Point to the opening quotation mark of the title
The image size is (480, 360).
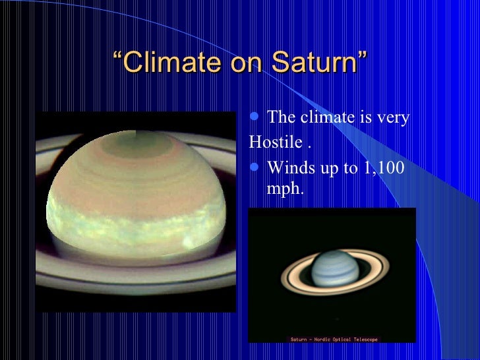click(118, 55)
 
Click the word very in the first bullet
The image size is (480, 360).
click(393, 119)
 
